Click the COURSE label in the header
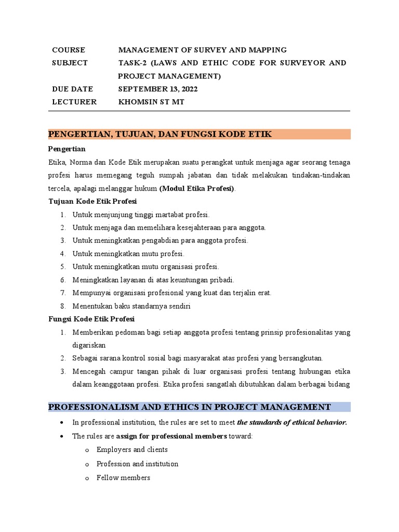(x=68, y=50)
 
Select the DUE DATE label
(x=72, y=89)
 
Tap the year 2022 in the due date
(x=187, y=89)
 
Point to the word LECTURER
(x=74, y=102)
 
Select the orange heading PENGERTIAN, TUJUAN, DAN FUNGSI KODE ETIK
(x=160, y=135)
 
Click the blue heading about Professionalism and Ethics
(x=189, y=407)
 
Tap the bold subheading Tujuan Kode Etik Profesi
(x=92, y=201)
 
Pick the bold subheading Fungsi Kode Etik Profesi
(x=91, y=318)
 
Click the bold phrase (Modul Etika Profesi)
(x=197, y=188)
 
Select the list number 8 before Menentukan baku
(x=62, y=306)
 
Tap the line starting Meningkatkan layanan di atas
(x=153, y=280)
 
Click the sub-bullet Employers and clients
(x=132, y=449)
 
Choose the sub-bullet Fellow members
(x=123, y=477)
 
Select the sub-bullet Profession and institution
(x=137, y=463)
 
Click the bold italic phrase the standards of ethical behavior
(x=291, y=422)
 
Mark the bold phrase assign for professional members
(x=171, y=436)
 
